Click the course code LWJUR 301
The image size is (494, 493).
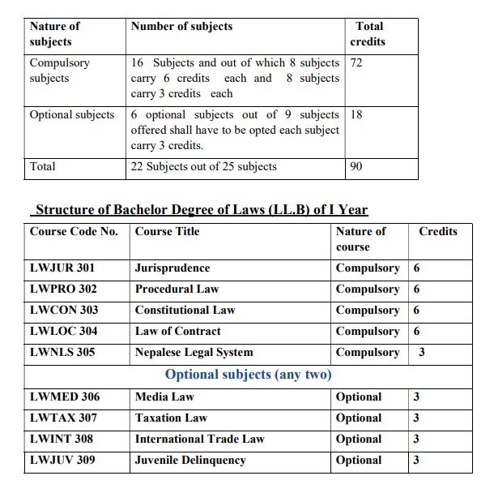tap(62, 268)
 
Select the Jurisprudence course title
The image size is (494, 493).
tap(172, 268)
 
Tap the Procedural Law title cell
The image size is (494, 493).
tap(177, 289)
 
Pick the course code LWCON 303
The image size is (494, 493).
tap(64, 311)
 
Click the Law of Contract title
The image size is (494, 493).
tap(177, 332)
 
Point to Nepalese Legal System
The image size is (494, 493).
tap(194, 353)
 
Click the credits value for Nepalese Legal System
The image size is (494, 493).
tap(421, 353)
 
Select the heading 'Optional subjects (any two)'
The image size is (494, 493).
tap(248, 375)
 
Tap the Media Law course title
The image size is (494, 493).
tap(164, 397)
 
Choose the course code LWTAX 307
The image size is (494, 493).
tap(63, 418)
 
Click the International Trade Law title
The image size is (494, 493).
tap(199, 439)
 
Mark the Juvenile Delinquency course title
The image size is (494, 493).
tap(190, 461)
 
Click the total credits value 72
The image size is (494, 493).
tap(356, 62)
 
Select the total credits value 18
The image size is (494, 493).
tap(356, 115)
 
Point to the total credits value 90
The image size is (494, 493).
tap(356, 167)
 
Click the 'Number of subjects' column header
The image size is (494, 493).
tap(181, 27)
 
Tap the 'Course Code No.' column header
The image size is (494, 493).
tap(74, 232)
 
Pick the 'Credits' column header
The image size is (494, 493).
tap(438, 232)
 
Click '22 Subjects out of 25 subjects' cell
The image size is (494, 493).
tap(203, 167)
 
